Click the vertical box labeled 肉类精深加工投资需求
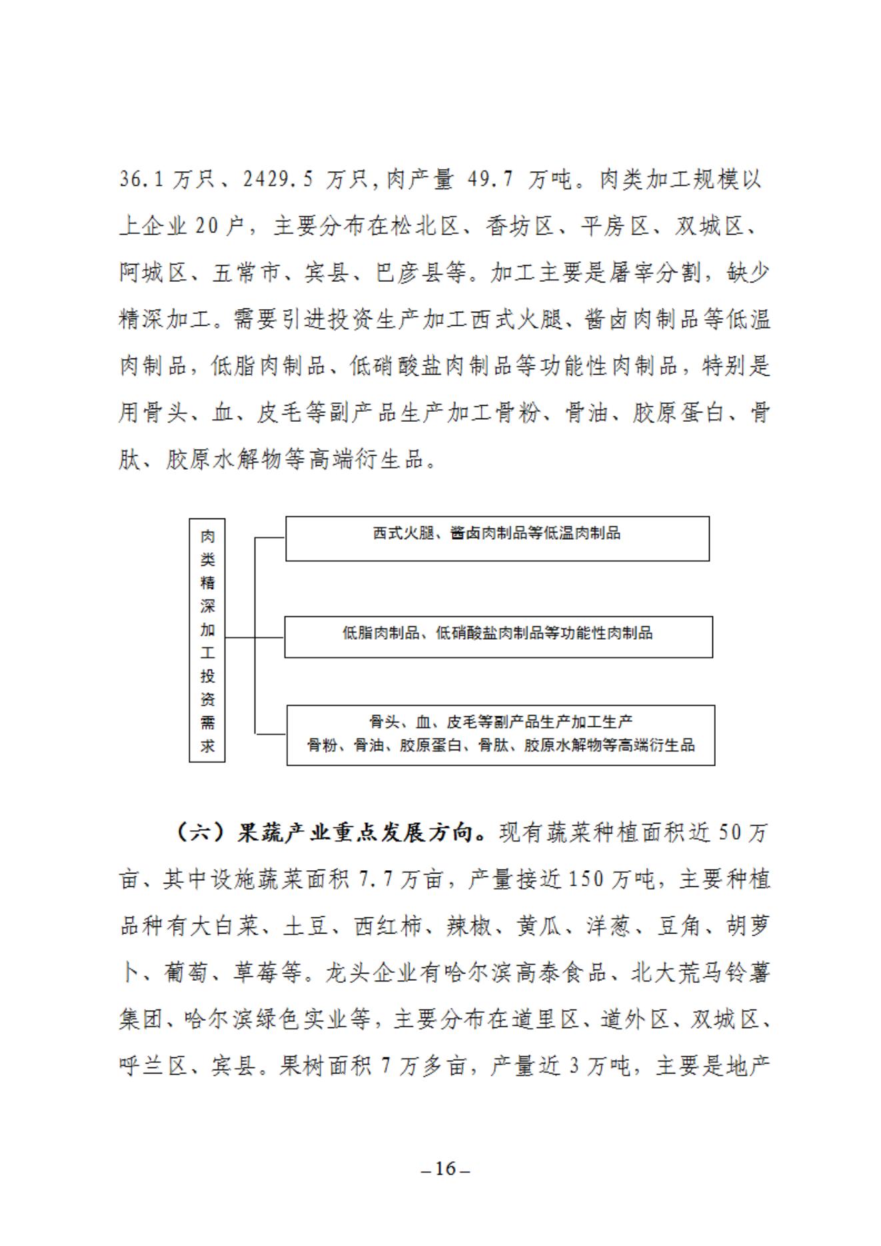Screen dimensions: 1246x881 [207, 640]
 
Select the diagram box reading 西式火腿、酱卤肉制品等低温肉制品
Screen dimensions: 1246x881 [497, 538]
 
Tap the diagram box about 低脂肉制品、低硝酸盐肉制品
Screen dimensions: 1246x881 [498, 637]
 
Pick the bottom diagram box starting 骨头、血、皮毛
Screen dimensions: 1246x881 [500, 734]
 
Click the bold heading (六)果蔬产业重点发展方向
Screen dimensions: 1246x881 [330, 833]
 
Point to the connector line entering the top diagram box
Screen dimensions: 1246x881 [271, 537]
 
